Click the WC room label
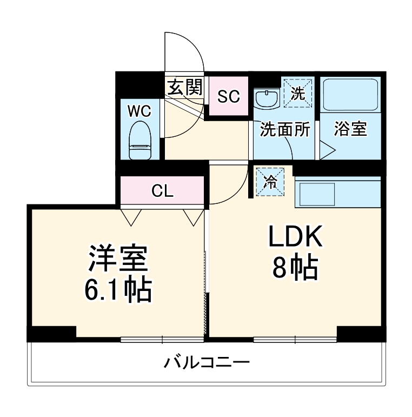139,111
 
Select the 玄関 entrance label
184,88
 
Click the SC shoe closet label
228,97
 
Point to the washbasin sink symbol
265,99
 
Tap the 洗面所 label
284,129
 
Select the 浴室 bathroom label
350,129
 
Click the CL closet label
162,191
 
